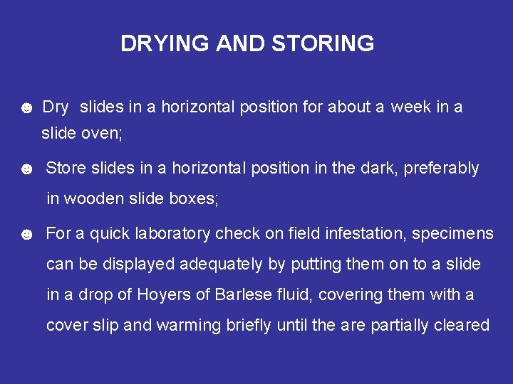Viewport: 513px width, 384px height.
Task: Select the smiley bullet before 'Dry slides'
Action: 26,109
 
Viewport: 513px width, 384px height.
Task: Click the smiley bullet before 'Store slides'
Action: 26,170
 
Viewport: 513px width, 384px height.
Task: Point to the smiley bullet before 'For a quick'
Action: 26,235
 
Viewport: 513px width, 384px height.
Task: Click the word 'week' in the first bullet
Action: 411,107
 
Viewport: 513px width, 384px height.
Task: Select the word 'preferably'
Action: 441,169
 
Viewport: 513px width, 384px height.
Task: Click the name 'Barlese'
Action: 244,294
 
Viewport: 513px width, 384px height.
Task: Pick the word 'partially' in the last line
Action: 400,326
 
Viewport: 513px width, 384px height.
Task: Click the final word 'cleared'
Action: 462,325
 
